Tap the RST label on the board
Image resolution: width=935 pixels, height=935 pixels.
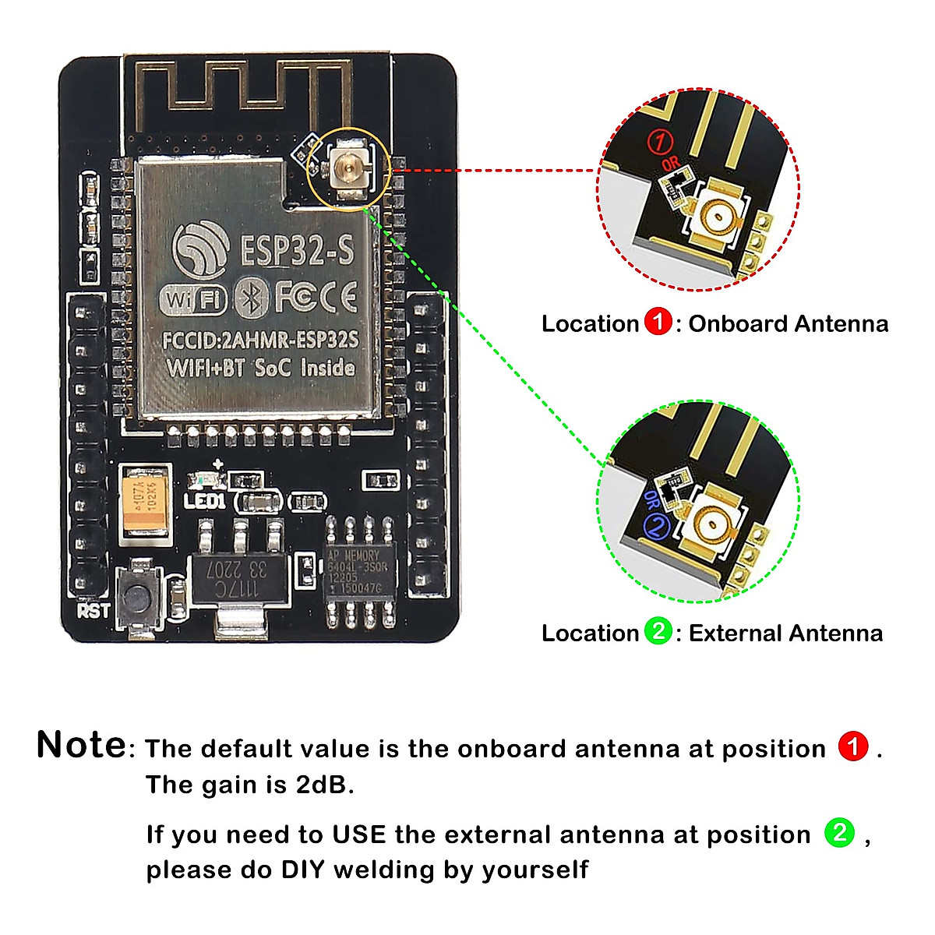click(x=93, y=610)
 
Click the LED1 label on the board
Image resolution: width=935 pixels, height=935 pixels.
click(x=204, y=500)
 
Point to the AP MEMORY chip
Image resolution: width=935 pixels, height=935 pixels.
click(x=360, y=572)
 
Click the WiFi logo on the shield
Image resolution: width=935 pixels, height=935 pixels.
click(x=192, y=299)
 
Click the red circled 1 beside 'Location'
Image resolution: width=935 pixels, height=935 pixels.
click(x=658, y=323)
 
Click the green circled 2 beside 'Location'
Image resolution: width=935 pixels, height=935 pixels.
click(x=658, y=631)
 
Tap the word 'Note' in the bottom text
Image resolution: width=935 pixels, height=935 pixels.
click(x=81, y=745)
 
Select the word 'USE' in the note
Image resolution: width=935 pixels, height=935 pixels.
click(x=358, y=834)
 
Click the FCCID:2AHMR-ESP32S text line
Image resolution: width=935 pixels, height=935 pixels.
click(x=260, y=340)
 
